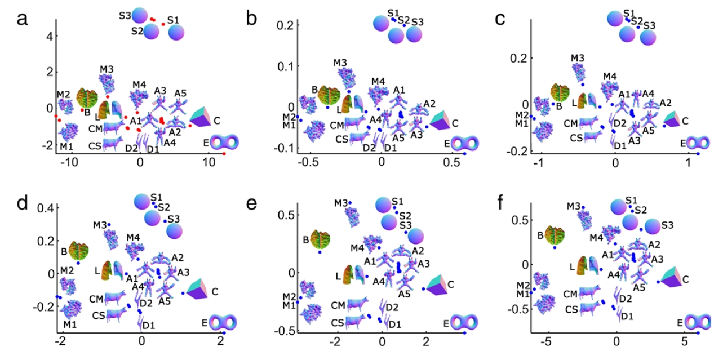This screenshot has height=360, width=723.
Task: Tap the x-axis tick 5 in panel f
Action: [684, 342]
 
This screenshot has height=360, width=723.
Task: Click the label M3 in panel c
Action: [578, 58]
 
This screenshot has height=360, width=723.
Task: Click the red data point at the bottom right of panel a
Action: [224, 154]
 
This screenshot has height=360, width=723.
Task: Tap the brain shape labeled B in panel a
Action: [87, 99]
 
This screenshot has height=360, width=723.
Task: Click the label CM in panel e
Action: [338, 305]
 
